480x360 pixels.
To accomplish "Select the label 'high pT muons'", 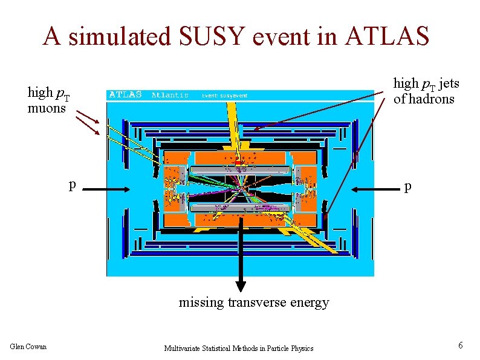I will click(49, 100).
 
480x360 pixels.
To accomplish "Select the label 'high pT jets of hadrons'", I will click(423, 91).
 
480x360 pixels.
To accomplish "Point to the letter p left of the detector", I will click(72, 185).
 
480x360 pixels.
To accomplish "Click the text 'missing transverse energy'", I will click(253, 302).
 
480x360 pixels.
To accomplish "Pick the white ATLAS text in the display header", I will click(125, 94).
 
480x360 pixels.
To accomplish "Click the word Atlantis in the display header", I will click(170, 95).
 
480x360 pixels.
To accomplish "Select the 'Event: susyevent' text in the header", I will click(224, 96).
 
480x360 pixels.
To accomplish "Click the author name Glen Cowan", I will click(28, 346).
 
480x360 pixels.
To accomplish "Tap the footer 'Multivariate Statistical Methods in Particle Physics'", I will click(239, 348).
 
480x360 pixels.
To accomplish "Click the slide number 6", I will click(460, 345).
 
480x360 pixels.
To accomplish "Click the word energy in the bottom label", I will click(310, 302).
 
